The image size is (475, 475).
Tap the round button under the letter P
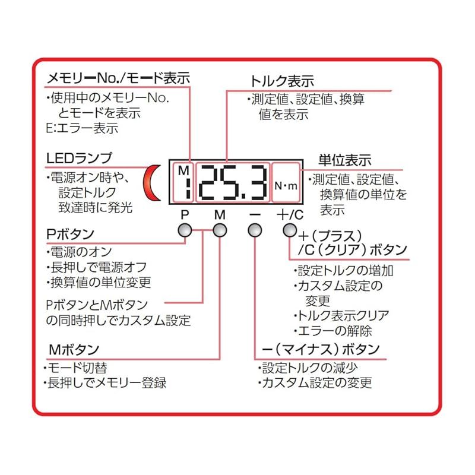pyautogui.click(x=185, y=230)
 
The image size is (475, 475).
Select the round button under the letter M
pyautogui.click(x=220, y=230)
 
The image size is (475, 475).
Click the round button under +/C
pyautogui.click(x=290, y=230)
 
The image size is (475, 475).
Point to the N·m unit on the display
pyautogui.click(x=286, y=186)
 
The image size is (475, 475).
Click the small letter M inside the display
pyautogui.click(x=183, y=170)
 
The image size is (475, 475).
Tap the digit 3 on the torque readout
pyautogui.click(x=257, y=183)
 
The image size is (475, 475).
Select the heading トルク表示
pyautogui.click(x=282, y=81)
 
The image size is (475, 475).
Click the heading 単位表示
pyautogui.click(x=345, y=160)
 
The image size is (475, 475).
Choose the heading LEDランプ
pyautogui.click(x=80, y=158)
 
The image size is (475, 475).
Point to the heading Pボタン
pyautogui.click(x=70, y=234)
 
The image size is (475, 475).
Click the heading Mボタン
pyautogui.click(x=74, y=350)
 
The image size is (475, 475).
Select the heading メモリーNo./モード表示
pyautogui.click(x=118, y=78)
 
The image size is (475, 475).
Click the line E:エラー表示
pyautogui.click(x=82, y=128)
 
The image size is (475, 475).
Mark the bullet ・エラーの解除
pyautogui.click(x=332, y=331)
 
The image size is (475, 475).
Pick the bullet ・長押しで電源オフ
pyautogui.click(x=96, y=267)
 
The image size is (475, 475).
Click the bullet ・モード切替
pyautogui.click(x=75, y=368)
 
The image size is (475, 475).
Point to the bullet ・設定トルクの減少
pyautogui.click(x=308, y=368)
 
